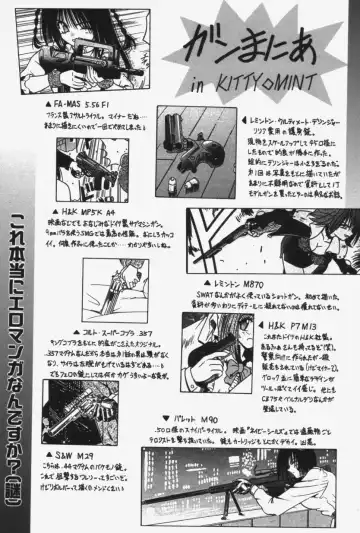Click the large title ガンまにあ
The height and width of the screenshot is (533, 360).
click(262, 46)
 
